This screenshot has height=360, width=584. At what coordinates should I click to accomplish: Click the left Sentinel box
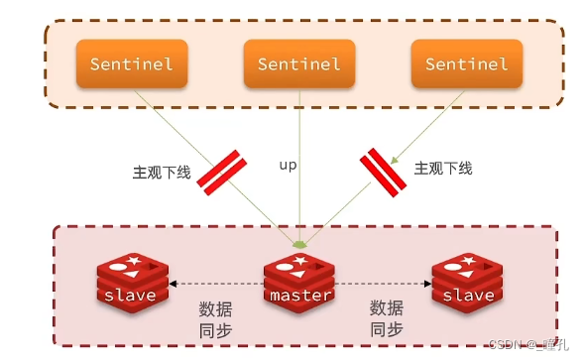(131, 64)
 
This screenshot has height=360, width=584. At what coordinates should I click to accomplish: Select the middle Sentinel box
(298, 64)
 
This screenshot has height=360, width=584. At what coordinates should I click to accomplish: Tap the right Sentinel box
(466, 64)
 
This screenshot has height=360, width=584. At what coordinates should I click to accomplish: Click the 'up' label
(289, 165)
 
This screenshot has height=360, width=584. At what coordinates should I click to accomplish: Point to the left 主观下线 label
(161, 172)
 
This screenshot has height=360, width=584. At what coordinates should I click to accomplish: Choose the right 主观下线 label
(443, 169)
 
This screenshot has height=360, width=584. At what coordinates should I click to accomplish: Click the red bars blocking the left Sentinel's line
(221, 171)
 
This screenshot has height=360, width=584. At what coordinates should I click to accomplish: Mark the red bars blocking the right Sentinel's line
(383, 170)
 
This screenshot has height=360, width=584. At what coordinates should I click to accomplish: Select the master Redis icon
(298, 283)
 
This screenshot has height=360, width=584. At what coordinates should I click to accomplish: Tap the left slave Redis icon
(132, 283)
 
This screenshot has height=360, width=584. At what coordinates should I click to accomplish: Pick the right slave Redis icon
(467, 283)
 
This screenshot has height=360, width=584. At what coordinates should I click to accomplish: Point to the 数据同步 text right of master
(386, 318)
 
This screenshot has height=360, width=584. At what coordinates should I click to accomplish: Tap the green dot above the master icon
(299, 241)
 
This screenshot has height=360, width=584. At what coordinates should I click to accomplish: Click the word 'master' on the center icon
(298, 297)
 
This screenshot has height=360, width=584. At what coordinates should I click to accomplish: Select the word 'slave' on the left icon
(132, 297)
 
